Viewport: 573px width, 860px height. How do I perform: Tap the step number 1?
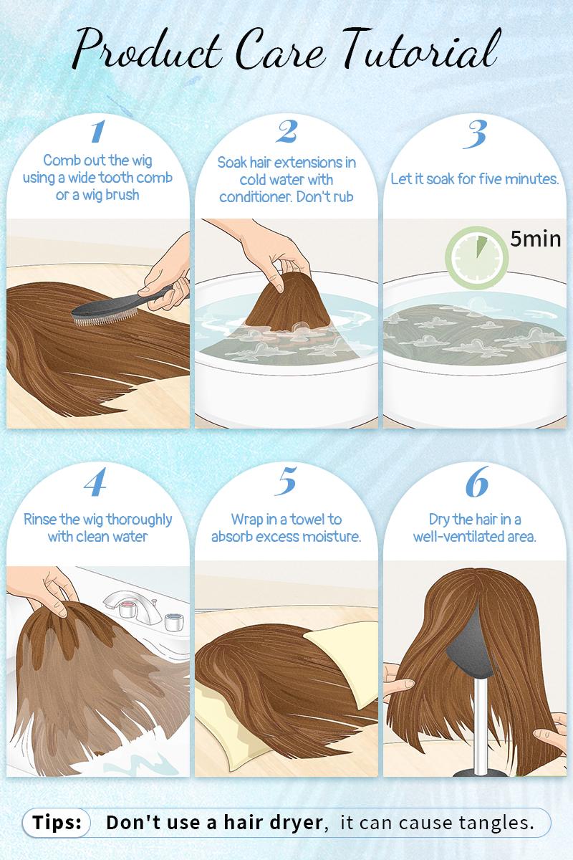click(x=97, y=132)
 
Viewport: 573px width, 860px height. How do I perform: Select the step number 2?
click(x=286, y=132)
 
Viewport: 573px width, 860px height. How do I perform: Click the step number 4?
click(x=98, y=484)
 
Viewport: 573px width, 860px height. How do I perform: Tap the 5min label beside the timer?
click(x=535, y=239)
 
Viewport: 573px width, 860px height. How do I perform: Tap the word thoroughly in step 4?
click(x=135, y=518)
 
